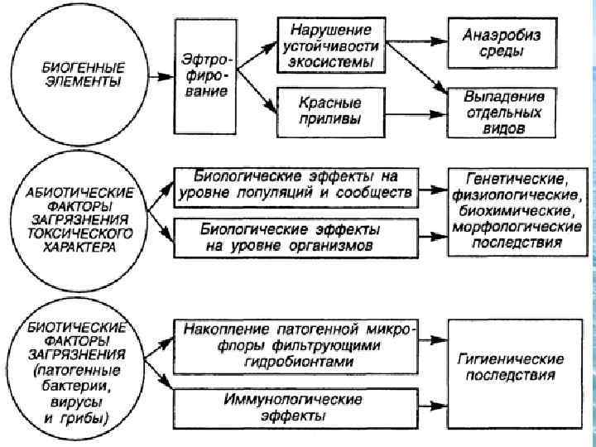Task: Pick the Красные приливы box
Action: tap(331, 112)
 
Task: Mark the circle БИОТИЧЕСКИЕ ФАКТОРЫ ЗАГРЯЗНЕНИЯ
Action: tap(73, 372)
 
